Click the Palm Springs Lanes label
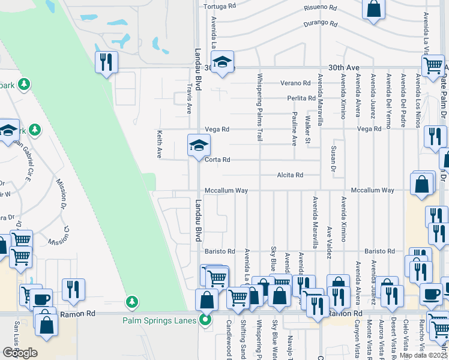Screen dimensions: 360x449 click(x=160, y=320)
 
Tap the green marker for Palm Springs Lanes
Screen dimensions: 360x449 click(x=205, y=320)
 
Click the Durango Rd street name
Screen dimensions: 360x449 click(x=321, y=23)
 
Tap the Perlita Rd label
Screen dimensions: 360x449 click(x=301, y=98)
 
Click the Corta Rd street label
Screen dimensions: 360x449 click(x=218, y=160)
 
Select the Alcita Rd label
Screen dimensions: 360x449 click(x=291, y=175)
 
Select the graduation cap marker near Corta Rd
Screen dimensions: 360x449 click(x=199, y=145)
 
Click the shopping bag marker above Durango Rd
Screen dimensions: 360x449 click(x=373, y=9)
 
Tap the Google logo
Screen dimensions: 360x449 click(x=20, y=352)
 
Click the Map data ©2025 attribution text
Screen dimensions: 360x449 click(x=423, y=355)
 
